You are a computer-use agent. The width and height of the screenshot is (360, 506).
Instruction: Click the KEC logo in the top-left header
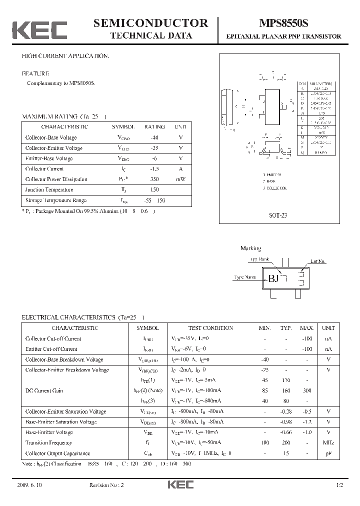pyautogui.click(x=39, y=30)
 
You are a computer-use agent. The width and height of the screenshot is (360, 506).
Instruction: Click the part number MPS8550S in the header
pyautogui.click(x=283, y=23)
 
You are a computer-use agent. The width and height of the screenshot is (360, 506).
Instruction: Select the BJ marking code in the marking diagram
pyautogui.click(x=273, y=278)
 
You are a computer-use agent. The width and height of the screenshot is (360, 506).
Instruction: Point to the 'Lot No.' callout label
pyautogui.click(x=318, y=261)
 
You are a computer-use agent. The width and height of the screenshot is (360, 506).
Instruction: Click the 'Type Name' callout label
pyautogui.click(x=245, y=277)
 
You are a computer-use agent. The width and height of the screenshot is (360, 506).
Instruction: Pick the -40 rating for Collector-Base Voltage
pyautogui.click(x=154, y=137)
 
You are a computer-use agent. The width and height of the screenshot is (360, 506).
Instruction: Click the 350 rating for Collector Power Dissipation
pyautogui.click(x=154, y=179)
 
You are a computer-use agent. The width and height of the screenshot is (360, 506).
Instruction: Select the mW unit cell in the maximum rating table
pyautogui.click(x=180, y=179)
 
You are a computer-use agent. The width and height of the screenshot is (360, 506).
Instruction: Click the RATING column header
pyautogui.click(x=154, y=127)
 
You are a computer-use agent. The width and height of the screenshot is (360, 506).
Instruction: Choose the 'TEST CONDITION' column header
pyautogui.click(x=210, y=328)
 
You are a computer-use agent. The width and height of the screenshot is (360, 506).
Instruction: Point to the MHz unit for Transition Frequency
pyautogui.click(x=328, y=443)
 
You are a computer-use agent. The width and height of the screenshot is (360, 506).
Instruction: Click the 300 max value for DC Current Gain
pyautogui.click(x=307, y=390)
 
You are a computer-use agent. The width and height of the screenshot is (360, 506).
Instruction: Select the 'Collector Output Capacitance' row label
pyautogui.click(x=58, y=453)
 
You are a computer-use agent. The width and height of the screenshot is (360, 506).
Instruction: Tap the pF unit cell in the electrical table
pyautogui.click(x=328, y=453)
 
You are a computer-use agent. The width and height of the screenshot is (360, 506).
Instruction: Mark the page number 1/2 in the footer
pyautogui.click(x=339, y=485)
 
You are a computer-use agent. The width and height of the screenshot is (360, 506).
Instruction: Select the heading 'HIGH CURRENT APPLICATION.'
pyautogui.click(x=65, y=56)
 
